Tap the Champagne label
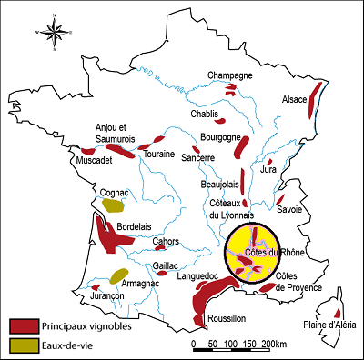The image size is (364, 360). tap(228, 75)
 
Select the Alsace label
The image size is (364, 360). tap(295, 99)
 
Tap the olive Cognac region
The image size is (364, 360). tap(112, 205)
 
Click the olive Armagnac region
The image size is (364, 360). tap(118, 275)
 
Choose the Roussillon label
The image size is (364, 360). tap(227, 318)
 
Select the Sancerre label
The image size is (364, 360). tap(197, 158)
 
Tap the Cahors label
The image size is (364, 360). tap(166, 241)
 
